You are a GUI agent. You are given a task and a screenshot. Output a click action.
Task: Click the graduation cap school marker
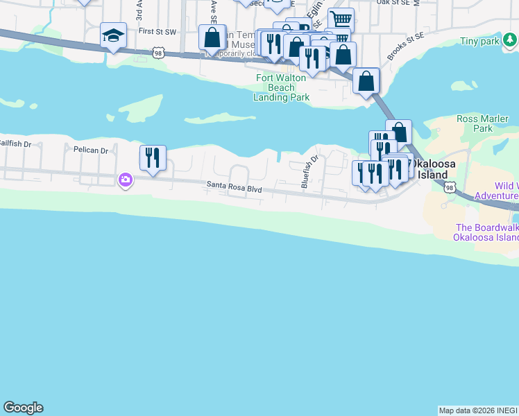[x=113, y=35]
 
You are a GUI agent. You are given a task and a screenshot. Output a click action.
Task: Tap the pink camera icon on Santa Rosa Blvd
[x=126, y=180]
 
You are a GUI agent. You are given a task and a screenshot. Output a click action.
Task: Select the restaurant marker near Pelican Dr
[x=153, y=157]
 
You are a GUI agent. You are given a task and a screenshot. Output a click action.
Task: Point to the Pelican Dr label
[x=91, y=150]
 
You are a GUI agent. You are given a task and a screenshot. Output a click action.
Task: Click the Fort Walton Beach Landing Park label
[x=282, y=87]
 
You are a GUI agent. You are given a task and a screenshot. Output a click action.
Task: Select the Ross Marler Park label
[x=475, y=123]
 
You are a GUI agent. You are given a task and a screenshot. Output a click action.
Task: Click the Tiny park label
[x=479, y=42]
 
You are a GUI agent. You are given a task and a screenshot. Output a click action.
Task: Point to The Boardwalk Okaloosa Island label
[x=486, y=232]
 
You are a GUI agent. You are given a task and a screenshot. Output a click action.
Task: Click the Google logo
[x=23, y=408]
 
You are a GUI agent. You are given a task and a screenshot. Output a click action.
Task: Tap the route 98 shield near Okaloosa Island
[x=450, y=188]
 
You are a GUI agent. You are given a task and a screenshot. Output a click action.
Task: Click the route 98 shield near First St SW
[x=159, y=52]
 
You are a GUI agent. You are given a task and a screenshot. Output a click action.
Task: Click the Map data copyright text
[x=478, y=410]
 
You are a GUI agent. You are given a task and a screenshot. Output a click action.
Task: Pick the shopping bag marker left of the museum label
[x=212, y=37]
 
